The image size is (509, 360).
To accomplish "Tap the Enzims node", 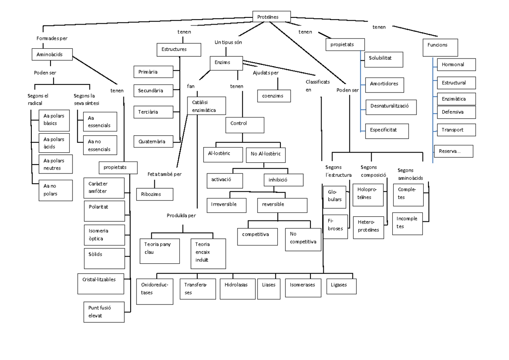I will [x=226, y=63].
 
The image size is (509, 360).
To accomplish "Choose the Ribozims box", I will [x=154, y=194].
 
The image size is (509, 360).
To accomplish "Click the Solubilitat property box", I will [x=383, y=59].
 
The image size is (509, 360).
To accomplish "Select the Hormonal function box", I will [x=456, y=64].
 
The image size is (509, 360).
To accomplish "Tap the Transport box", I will [x=456, y=130].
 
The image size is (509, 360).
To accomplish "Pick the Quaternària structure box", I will [x=153, y=141].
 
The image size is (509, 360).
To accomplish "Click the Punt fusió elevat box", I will [x=103, y=312].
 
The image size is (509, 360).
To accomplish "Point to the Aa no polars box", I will [x=55, y=190].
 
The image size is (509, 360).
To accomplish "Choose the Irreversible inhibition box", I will [x=227, y=205].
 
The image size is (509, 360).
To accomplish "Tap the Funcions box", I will [x=440, y=47].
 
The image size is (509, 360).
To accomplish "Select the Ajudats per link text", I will [x=266, y=73].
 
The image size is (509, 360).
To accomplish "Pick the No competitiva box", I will [x=303, y=239].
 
